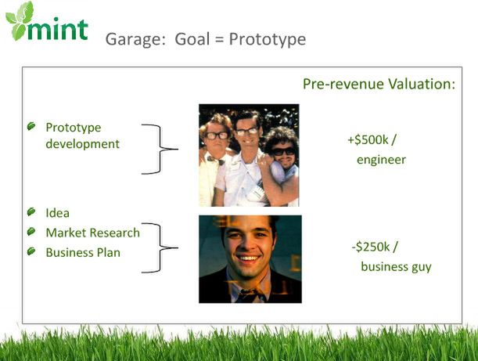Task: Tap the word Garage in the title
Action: point(135,39)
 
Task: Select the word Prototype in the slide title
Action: point(268,39)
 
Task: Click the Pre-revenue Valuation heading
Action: point(379,84)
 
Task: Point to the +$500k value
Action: point(368,139)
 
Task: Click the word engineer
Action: point(381,160)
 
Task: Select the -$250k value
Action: point(371,247)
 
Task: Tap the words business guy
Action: point(397,267)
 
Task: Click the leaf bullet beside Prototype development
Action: point(31,126)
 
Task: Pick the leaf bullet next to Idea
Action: point(31,211)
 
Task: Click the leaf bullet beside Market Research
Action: point(31,232)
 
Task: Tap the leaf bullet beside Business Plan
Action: point(31,251)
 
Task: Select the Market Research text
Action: point(92,233)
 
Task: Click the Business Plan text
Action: point(83,253)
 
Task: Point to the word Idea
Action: point(57,213)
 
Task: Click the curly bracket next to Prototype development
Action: point(160,149)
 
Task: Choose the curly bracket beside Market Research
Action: point(160,247)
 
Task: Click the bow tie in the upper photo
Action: point(216,160)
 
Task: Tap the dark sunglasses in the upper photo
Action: point(283,151)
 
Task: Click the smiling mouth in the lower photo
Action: point(248,258)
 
